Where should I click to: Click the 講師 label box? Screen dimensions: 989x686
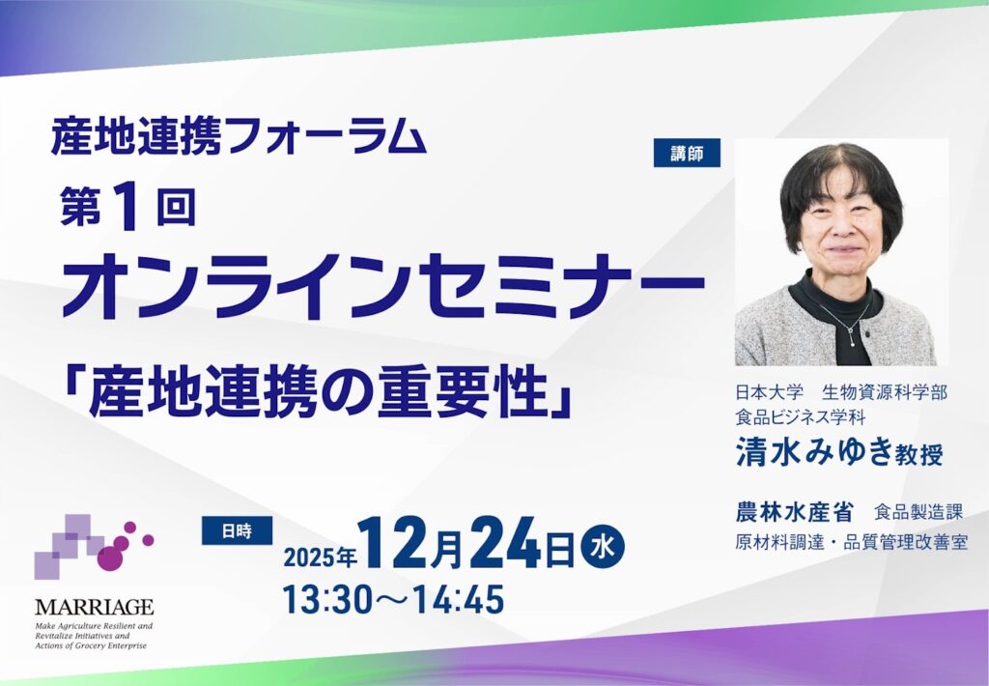click(x=687, y=153)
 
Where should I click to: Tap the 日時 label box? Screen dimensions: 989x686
click(x=237, y=530)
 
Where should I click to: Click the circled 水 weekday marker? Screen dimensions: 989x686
click(x=604, y=546)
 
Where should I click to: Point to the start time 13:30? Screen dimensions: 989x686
click(x=326, y=599)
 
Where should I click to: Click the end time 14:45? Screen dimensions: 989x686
click(x=459, y=599)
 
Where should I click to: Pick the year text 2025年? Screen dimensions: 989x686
click(x=321, y=557)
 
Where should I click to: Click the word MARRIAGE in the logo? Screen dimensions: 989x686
click(x=94, y=608)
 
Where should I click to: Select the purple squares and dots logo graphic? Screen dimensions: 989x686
click(x=94, y=546)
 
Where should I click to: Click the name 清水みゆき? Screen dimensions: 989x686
click(x=813, y=452)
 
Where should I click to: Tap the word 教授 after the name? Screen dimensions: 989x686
click(x=919, y=454)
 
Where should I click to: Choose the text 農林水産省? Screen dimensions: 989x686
click(x=794, y=512)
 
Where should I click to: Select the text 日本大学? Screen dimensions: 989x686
click(x=770, y=392)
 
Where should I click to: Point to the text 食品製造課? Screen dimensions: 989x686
click(x=918, y=512)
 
